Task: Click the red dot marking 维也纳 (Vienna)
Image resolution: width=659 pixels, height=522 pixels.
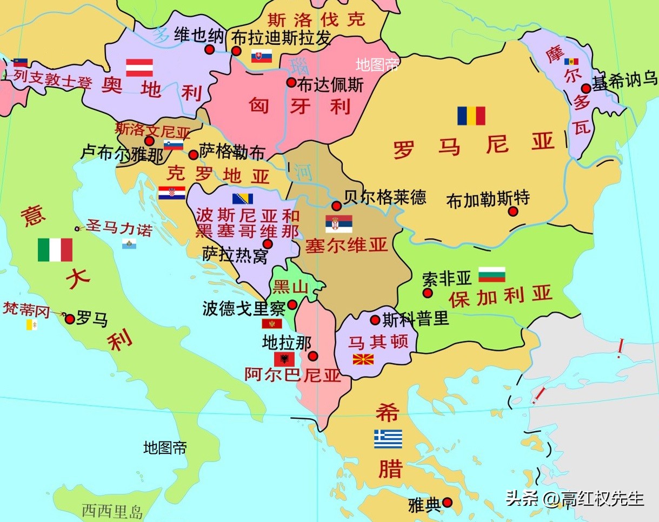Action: coord(210,50)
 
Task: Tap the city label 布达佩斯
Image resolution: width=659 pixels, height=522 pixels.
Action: coord(330,84)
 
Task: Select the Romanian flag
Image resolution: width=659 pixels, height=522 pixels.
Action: coord(471,116)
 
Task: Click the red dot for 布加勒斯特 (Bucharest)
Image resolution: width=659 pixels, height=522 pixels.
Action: coord(513,212)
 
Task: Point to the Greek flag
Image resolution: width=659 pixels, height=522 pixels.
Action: coord(388,439)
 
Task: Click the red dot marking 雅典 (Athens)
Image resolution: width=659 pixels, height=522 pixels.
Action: coord(447,503)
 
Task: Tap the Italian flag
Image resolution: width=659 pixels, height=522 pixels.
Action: coord(55,250)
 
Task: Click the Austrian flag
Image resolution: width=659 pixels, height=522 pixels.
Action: coord(139,68)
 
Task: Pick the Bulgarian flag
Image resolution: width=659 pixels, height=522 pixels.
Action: coord(492,274)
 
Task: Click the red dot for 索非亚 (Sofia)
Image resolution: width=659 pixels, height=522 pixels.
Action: coord(428,293)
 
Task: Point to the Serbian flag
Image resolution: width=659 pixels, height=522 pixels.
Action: coord(339,223)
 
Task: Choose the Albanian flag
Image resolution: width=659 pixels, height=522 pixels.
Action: coord(284,359)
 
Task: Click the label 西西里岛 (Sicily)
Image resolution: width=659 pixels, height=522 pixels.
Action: coord(112,511)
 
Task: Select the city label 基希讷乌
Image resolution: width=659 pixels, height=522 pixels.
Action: coord(625,81)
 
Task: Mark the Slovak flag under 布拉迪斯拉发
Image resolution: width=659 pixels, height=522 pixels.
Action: coord(261,56)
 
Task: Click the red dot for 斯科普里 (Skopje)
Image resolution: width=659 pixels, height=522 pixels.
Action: coord(375,320)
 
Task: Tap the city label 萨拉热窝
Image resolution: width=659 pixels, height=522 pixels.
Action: coord(235,255)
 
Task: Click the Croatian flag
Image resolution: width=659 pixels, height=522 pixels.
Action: coord(172,193)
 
